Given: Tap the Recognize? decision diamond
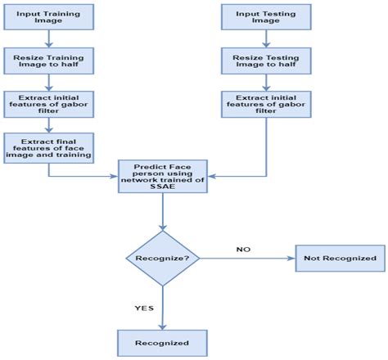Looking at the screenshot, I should point(163,259).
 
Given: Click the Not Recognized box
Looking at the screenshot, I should point(340,259).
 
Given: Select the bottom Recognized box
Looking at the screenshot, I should point(163,342).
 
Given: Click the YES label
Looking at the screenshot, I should point(144,308).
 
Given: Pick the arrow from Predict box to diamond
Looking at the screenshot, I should point(163,214).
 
